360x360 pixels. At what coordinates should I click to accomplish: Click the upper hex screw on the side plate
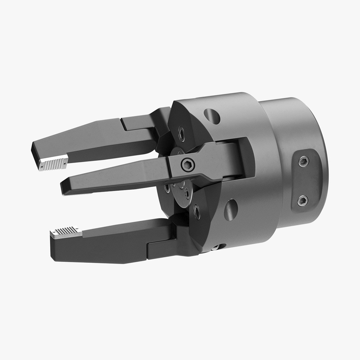pos(303,162)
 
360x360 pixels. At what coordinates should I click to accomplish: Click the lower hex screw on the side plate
pos(302,200)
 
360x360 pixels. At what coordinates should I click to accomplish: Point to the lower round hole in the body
pos(231,209)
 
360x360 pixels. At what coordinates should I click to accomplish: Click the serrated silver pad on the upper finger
pos(53,163)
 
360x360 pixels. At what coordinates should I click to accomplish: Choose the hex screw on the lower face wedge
pos(196,211)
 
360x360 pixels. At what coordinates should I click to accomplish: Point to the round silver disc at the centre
pos(183,193)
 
